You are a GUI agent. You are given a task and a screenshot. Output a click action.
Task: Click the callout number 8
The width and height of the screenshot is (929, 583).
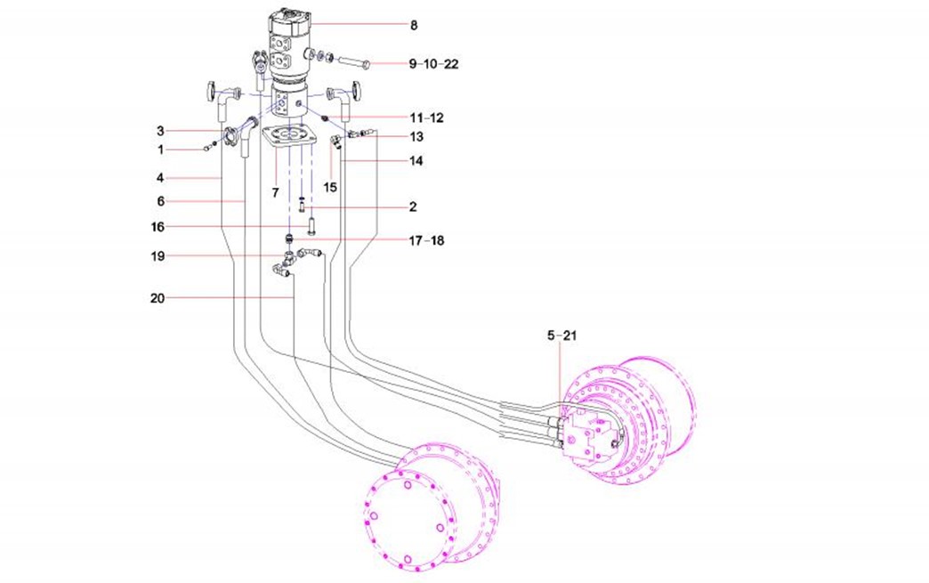[x=414, y=26]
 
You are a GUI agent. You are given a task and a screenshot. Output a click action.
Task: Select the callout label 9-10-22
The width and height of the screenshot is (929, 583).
[x=433, y=64]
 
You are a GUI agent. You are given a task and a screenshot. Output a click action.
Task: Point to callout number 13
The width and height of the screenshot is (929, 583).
[x=416, y=137]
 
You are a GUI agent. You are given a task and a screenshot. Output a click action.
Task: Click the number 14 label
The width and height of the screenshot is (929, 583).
[x=416, y=161]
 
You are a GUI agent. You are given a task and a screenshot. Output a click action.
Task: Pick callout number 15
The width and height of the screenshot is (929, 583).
[x=331, y=187]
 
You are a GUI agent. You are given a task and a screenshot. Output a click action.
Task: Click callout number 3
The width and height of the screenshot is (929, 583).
[x=161, y=131]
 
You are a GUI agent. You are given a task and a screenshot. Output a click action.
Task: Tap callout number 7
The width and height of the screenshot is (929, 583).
[x=276, y=192]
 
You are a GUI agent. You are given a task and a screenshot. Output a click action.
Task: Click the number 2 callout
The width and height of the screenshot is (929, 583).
[x=413, y=206]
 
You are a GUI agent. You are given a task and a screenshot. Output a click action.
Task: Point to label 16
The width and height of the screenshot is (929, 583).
[x=158, y=227]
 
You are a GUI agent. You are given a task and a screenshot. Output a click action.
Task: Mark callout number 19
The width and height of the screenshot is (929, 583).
[x=158, y=256]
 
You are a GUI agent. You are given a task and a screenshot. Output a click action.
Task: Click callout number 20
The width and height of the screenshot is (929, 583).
[x=158, y=298]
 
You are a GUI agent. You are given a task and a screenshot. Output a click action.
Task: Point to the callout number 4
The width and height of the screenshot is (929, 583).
[x=161, y=178]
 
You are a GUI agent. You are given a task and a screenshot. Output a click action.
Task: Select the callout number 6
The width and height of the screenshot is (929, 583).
[x=161, y=201]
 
